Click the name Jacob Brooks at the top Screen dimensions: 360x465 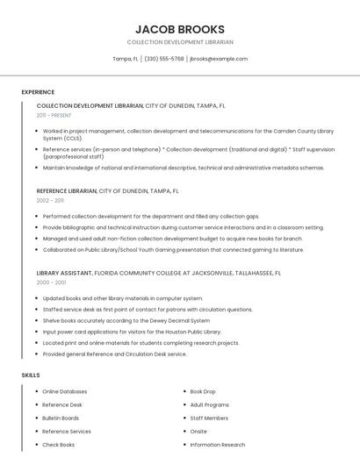click(x=180, y=29)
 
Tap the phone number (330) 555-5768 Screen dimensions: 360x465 click(x=164, y=59)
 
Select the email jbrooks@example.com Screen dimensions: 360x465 click(x=219, y=59)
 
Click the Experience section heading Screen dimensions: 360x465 click(x=38, y=92)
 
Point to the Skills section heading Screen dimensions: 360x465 click(x=31, y=375)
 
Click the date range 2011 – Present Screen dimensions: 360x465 click(x=54, y=115)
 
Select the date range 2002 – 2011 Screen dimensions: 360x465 click(x=50, y=200)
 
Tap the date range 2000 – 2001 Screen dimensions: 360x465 click(x=51, y=283)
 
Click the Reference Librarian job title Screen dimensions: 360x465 click(x=67, y=190)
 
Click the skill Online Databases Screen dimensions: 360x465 click(x=64, y=391)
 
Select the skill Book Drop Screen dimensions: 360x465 click(x=203, y=391)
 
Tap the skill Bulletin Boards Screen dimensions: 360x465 click(x=61, y=418)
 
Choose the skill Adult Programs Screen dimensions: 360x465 click(x=209, y=404)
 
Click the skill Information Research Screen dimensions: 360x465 click(x=218, y=445)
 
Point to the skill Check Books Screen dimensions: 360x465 click(x=58, y=445)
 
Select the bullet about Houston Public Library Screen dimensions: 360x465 click(x=132, y=332)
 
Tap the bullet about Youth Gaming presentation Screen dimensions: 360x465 click(x=173, y=249)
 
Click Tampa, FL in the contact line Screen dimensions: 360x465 click(x=126, y=59)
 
